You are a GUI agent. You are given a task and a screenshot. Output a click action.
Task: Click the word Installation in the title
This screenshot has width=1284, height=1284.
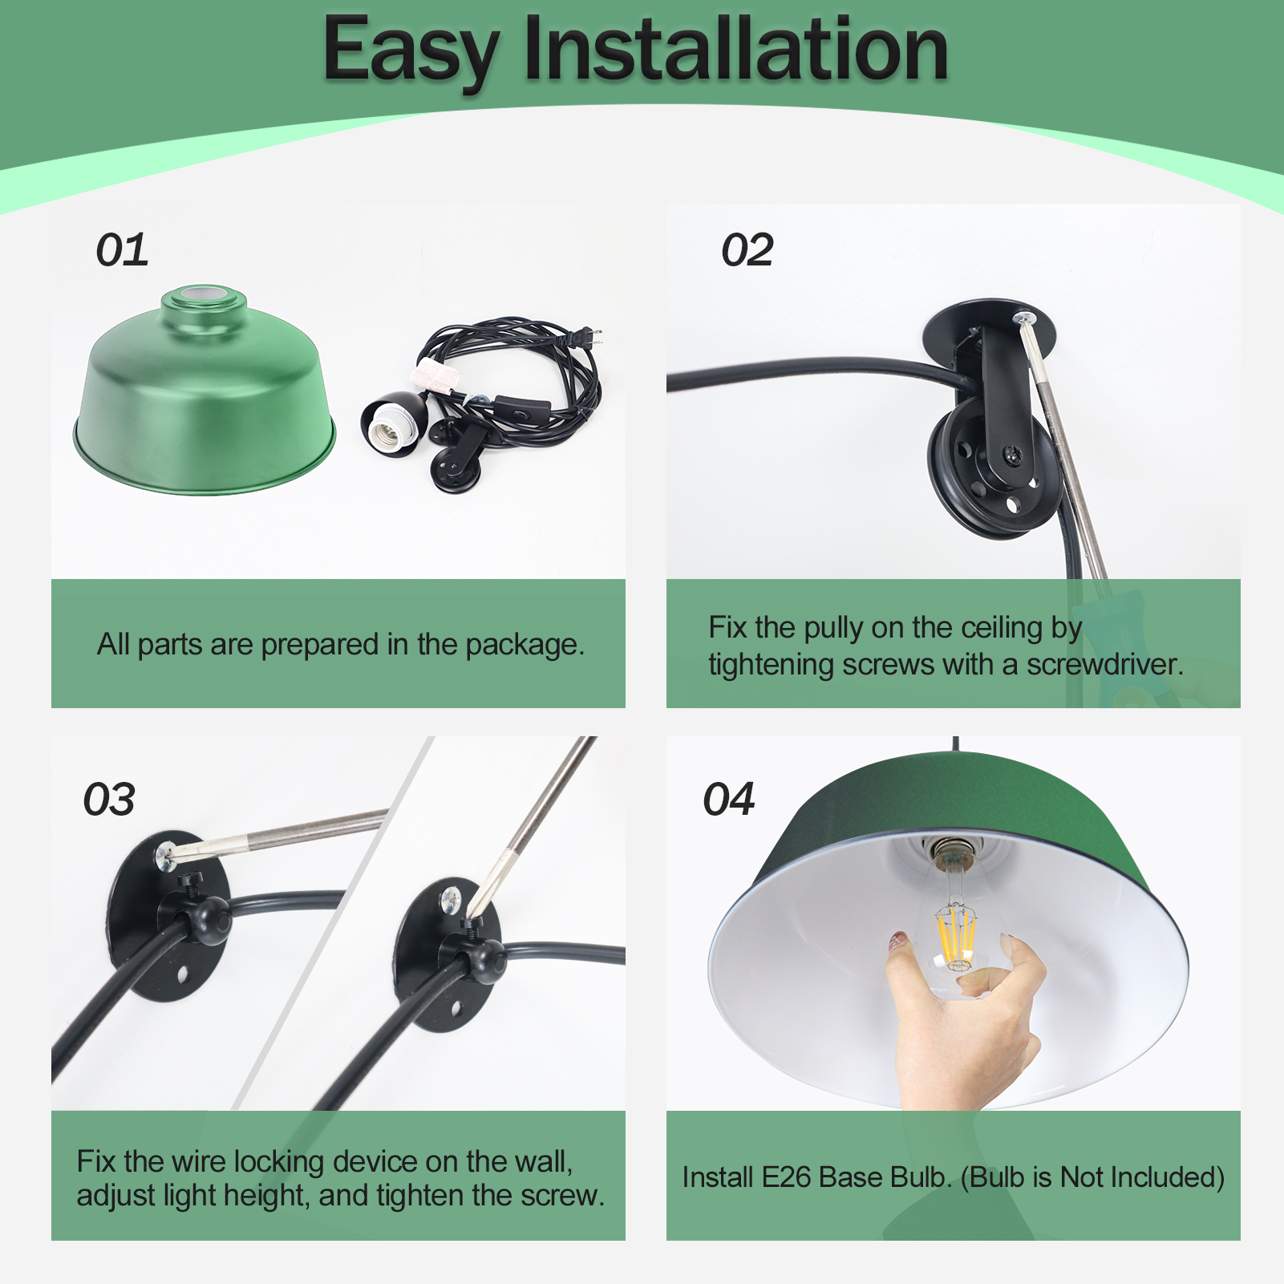736,50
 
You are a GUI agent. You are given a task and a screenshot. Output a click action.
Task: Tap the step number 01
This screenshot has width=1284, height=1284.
122,250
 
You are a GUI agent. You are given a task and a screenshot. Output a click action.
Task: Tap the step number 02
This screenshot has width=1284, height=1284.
747,250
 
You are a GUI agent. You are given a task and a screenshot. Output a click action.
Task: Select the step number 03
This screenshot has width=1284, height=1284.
109,800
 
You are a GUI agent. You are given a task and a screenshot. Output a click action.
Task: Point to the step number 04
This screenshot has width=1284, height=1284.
729,800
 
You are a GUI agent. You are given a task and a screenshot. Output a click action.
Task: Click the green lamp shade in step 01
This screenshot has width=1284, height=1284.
205,393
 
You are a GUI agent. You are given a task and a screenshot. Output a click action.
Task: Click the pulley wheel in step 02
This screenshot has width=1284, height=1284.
992,469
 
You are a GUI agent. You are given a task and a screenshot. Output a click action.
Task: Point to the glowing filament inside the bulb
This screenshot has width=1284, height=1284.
956,934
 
